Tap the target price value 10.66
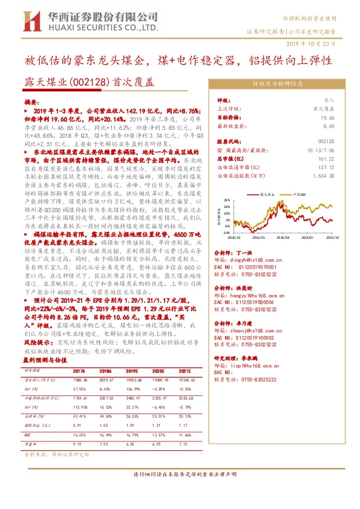pyautogui.click(x=327, y=118)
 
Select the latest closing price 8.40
pyautogui.click(x=327, y=126)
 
